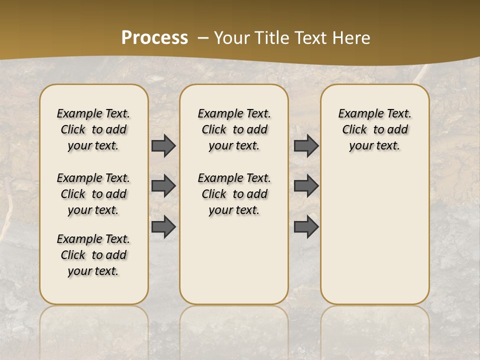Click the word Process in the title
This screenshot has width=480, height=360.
[x=154, y=37]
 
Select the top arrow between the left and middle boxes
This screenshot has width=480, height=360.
[x=163, y=145]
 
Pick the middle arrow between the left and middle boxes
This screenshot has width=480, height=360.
[x=163, y=186]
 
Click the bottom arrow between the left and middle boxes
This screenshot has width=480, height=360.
[x=163, y=226]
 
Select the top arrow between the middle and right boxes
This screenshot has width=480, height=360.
[x=306, y=145]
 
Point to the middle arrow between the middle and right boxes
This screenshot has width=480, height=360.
[x=306, y=186]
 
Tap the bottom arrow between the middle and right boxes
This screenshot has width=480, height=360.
[x=306, y=226]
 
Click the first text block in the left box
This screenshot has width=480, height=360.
[x=93, y=129]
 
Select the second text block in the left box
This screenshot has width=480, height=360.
[x=93, y=194]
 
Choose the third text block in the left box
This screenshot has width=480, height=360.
[x=93, y=255]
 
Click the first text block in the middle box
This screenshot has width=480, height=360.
[x=234, y=129]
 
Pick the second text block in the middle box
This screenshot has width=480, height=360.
[x=234, y=194]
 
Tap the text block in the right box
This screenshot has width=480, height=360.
[x=374, y=129]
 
